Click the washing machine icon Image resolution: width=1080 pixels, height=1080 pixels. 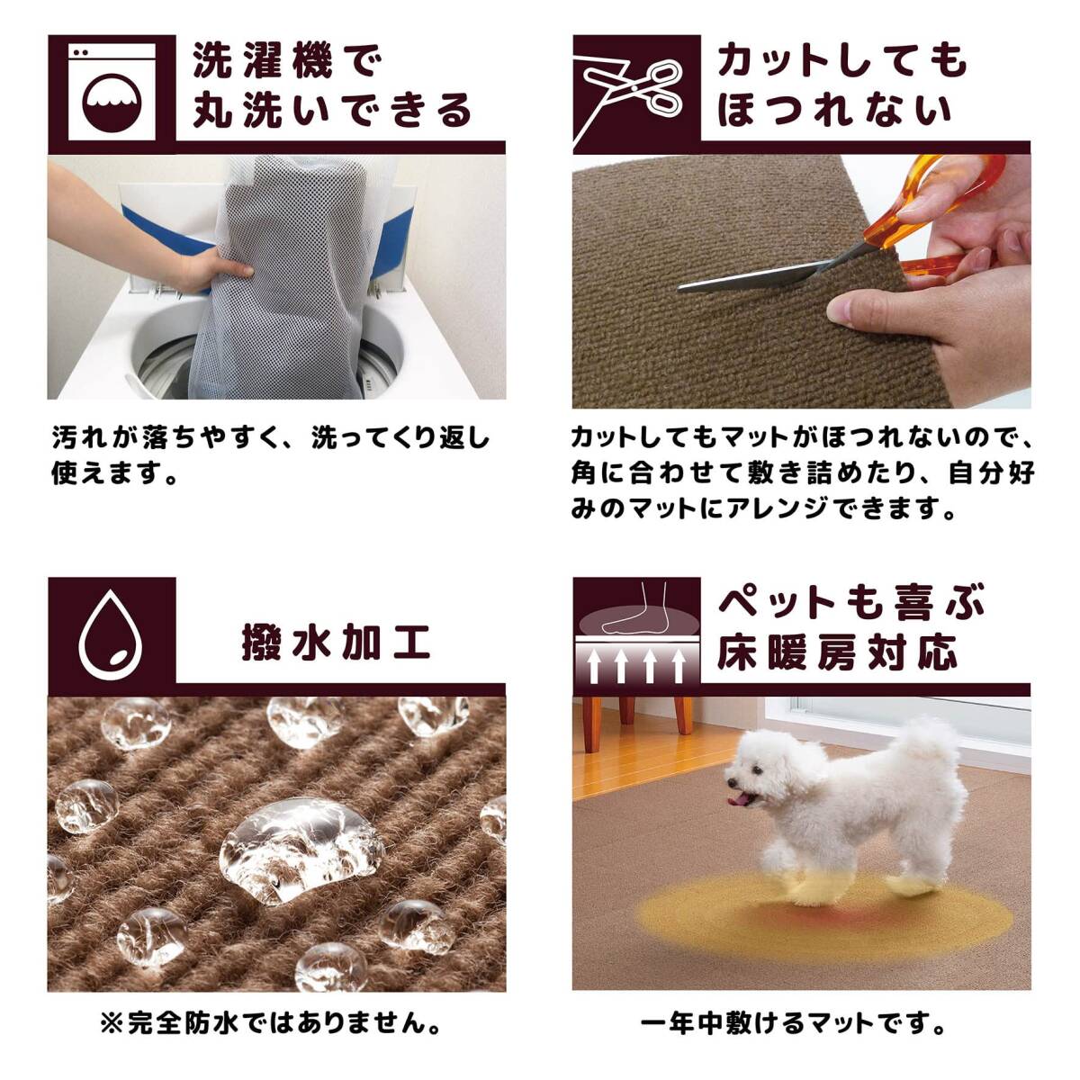pos(112,92)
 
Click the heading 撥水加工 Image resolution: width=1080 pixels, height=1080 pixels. pos(336,643)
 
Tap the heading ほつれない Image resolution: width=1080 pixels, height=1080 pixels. pos(834,109)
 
